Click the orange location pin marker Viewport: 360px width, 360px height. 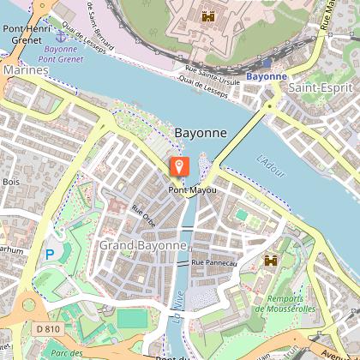178,167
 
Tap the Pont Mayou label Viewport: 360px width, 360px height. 191,189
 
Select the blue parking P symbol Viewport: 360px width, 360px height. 50,254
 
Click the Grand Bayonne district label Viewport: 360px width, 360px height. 142,245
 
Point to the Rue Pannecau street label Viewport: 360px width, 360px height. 213,261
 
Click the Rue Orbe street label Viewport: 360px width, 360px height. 141,210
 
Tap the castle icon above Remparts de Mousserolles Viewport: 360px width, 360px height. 271,260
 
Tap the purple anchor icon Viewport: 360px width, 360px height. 60,35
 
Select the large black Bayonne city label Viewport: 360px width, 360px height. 200,134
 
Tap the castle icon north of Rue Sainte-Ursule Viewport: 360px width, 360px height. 207,15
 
